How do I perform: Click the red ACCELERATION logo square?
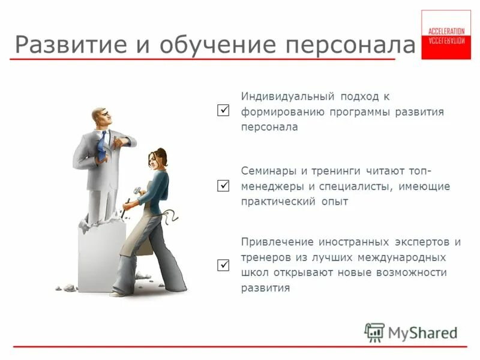point(446,34)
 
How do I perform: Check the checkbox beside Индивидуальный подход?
point(223,111)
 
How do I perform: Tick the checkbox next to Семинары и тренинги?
point(223,186)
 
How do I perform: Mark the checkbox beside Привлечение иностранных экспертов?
point(223,265)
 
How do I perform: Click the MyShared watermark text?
point(422,332)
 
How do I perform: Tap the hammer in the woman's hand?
point(137,190)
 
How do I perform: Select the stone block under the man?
point(100,255)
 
